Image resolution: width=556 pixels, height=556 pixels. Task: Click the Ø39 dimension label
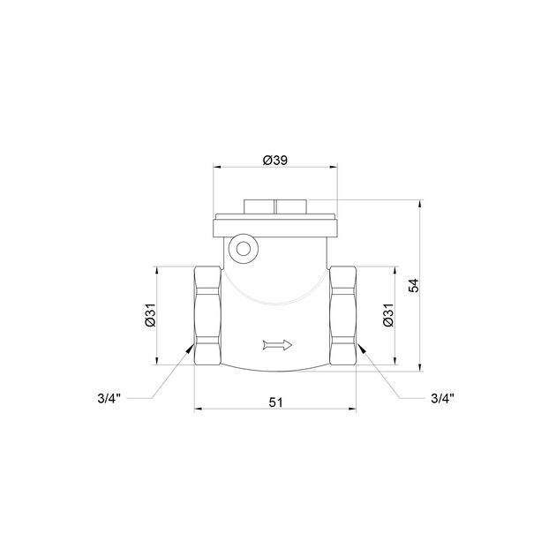(x=275, y=161)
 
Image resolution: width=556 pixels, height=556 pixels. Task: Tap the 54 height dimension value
(x=413, y=285)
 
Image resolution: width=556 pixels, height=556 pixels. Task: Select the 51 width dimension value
(x=275, y=402)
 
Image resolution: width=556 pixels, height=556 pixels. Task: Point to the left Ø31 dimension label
(x=150, y=315)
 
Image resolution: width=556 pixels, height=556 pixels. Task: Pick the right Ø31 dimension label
(x=388, y=315)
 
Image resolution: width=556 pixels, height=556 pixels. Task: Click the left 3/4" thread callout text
(x=109, y=399)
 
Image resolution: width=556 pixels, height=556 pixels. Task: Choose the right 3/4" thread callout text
(x=442, y=399)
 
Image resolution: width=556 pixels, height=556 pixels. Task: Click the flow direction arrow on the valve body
(x=278, y=345)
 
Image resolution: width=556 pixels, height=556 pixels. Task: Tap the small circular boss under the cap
(x=244, y=249)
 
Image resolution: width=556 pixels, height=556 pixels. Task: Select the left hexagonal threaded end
(x=207, y=316)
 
